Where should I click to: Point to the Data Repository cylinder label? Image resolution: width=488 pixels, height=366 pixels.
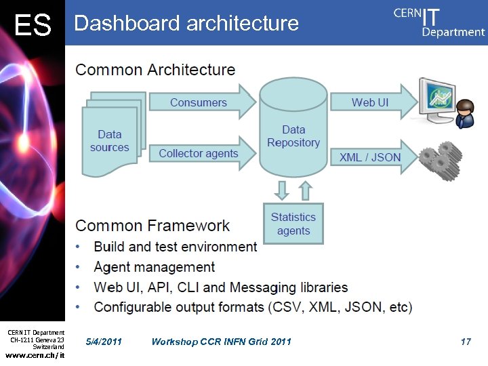pos(293,136)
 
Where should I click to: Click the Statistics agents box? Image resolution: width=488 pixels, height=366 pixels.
pos(293,224)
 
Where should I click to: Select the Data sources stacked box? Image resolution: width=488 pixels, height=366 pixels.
pos(110,139)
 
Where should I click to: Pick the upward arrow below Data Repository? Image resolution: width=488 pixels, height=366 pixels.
pos(305,190)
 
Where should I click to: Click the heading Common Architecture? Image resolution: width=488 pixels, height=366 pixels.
pos(155,70)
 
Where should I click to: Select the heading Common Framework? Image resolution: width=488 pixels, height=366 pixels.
pos(152,226)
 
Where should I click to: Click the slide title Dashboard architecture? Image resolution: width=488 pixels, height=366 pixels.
pos(186,23)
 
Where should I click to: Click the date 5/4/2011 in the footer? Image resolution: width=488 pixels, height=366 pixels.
pos(104,342)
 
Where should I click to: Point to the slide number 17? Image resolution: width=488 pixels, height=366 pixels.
pos(466,342)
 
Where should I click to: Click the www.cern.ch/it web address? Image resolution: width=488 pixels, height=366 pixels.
pos(35,355)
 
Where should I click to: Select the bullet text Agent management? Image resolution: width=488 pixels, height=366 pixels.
pos(155,267)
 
